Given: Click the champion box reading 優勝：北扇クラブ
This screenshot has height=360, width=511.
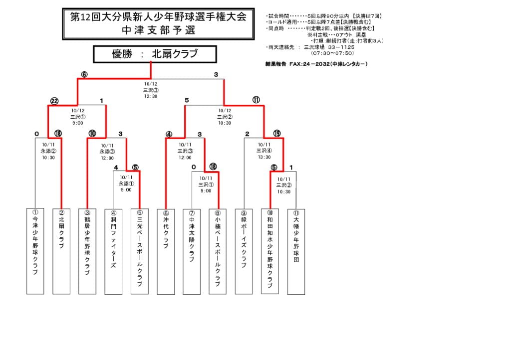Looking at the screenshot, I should [x=155, y=54].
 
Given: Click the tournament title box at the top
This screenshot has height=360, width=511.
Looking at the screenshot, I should [x=158, y=23].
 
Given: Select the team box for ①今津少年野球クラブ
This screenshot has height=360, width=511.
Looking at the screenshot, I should [x=35, y=251].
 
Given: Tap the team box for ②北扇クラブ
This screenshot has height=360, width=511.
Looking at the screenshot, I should [x=61, y=251].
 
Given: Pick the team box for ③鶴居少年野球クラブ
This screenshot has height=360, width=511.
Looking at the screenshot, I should [x=87, y=251].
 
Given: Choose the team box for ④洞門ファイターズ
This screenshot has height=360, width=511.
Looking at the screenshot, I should [x=113, y=251].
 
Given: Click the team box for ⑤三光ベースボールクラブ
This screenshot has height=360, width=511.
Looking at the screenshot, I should [x=140, y=251].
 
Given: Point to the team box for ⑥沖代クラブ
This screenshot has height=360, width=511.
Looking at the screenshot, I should [x=166, y=251].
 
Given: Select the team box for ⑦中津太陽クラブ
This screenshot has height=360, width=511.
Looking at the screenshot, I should [x=192, y=251].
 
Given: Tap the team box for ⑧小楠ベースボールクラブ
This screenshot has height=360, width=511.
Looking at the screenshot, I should [x=218, y=251].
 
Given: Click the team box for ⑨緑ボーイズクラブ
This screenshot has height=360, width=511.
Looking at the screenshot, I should [x=244, y=251].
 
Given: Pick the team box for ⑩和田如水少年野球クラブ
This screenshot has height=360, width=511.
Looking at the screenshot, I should [x=270, y=251].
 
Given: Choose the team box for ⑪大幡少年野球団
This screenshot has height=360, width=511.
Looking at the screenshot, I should [x=296, y=251].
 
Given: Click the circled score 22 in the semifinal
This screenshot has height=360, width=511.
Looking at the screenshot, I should [x=54, y=101].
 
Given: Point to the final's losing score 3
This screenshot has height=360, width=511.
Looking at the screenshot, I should [x=216, y=75].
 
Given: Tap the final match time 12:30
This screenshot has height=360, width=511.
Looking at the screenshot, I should [x=151, y=96].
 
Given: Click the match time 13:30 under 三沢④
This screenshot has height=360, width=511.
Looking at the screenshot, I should [x=264, y=157].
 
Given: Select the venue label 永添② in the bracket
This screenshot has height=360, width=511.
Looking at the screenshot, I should [x=48, y=150].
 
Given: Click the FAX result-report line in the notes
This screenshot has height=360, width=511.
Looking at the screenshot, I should [x=316, y=64].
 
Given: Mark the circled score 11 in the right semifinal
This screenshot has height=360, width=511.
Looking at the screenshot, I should [x=256, y=100].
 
